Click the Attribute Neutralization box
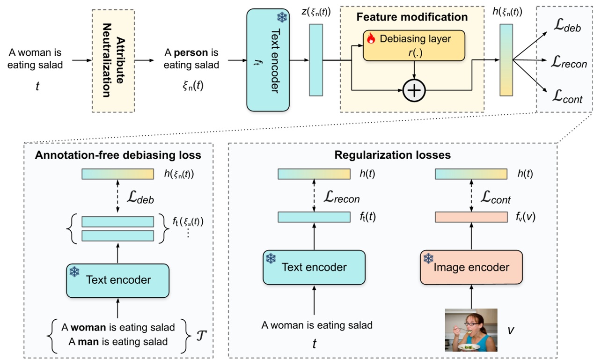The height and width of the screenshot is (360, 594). coord(113,61)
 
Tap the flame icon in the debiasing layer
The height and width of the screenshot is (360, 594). coord(371,39)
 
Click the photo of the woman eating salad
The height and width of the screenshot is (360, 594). coord(470,330)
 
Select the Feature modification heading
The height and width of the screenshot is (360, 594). coord(412,17)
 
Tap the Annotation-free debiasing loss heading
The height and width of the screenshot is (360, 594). coord(118,155)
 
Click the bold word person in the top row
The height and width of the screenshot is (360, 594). coord(191,52)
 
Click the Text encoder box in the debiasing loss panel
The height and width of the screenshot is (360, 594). coord(117,280)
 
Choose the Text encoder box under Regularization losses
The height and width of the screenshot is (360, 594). coord(314,267)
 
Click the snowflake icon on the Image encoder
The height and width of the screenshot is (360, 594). coord(428,258)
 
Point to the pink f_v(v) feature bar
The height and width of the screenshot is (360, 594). coord(471,217)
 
